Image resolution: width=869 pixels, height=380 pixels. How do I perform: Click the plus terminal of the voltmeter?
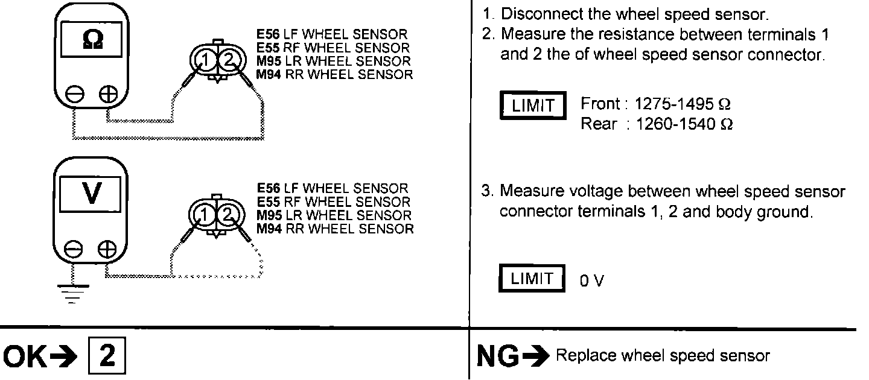[107, 249]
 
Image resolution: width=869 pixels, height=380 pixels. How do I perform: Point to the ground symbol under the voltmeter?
[73, 291]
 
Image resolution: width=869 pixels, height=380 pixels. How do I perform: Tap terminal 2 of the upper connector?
[228, 60]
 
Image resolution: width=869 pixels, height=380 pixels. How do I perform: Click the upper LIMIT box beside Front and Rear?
[533, 106]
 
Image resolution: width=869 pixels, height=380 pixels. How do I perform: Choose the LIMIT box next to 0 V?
[532, 279]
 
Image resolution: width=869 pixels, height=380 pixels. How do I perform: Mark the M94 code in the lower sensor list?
[267, 229]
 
